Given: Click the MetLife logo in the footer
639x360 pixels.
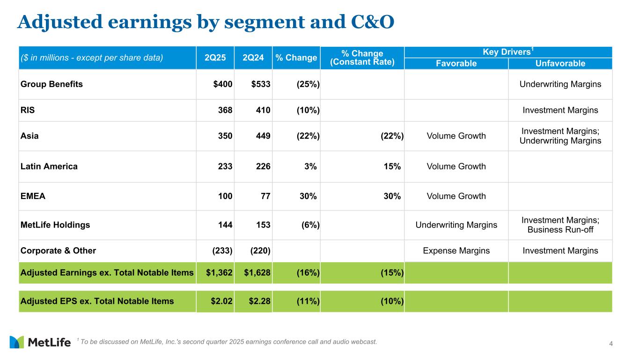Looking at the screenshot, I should [x=40, y=342].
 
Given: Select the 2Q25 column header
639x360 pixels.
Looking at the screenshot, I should [x=215, y=58].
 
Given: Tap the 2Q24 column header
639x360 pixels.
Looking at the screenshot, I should [x=253, y=58].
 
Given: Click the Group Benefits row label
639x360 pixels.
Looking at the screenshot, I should [x=51, y=84].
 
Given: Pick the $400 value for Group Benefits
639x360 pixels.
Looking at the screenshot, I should [x=222, y=84].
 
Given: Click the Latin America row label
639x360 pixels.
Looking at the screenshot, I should [x=49, y=166].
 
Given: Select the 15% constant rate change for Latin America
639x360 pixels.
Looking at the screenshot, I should [x=392, y=166].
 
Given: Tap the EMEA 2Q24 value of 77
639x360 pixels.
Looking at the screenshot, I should [x=265, y=196].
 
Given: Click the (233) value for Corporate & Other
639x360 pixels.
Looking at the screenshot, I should [x=222, y=250].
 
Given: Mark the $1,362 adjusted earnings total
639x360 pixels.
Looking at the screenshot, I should [x=220, y=272].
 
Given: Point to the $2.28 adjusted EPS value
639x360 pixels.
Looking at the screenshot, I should [x=259, y=301].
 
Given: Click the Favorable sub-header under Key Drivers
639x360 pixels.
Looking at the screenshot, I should [x=456, y=64].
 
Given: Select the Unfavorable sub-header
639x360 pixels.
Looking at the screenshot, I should [x=560, y=64].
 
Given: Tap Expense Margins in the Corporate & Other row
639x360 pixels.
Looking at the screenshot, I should [x=456, y=250].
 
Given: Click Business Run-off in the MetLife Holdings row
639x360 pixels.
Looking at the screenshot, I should [x=560, y=230].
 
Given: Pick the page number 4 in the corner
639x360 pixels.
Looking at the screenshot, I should [x=610, y=345].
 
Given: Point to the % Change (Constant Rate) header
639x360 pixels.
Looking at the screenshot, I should [x=362, y=58].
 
